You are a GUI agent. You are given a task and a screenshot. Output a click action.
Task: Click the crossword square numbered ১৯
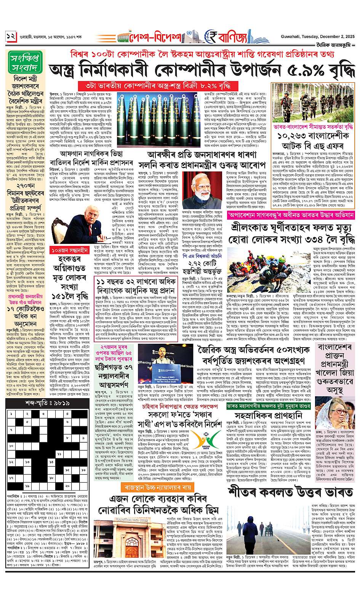click(27, 486)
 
